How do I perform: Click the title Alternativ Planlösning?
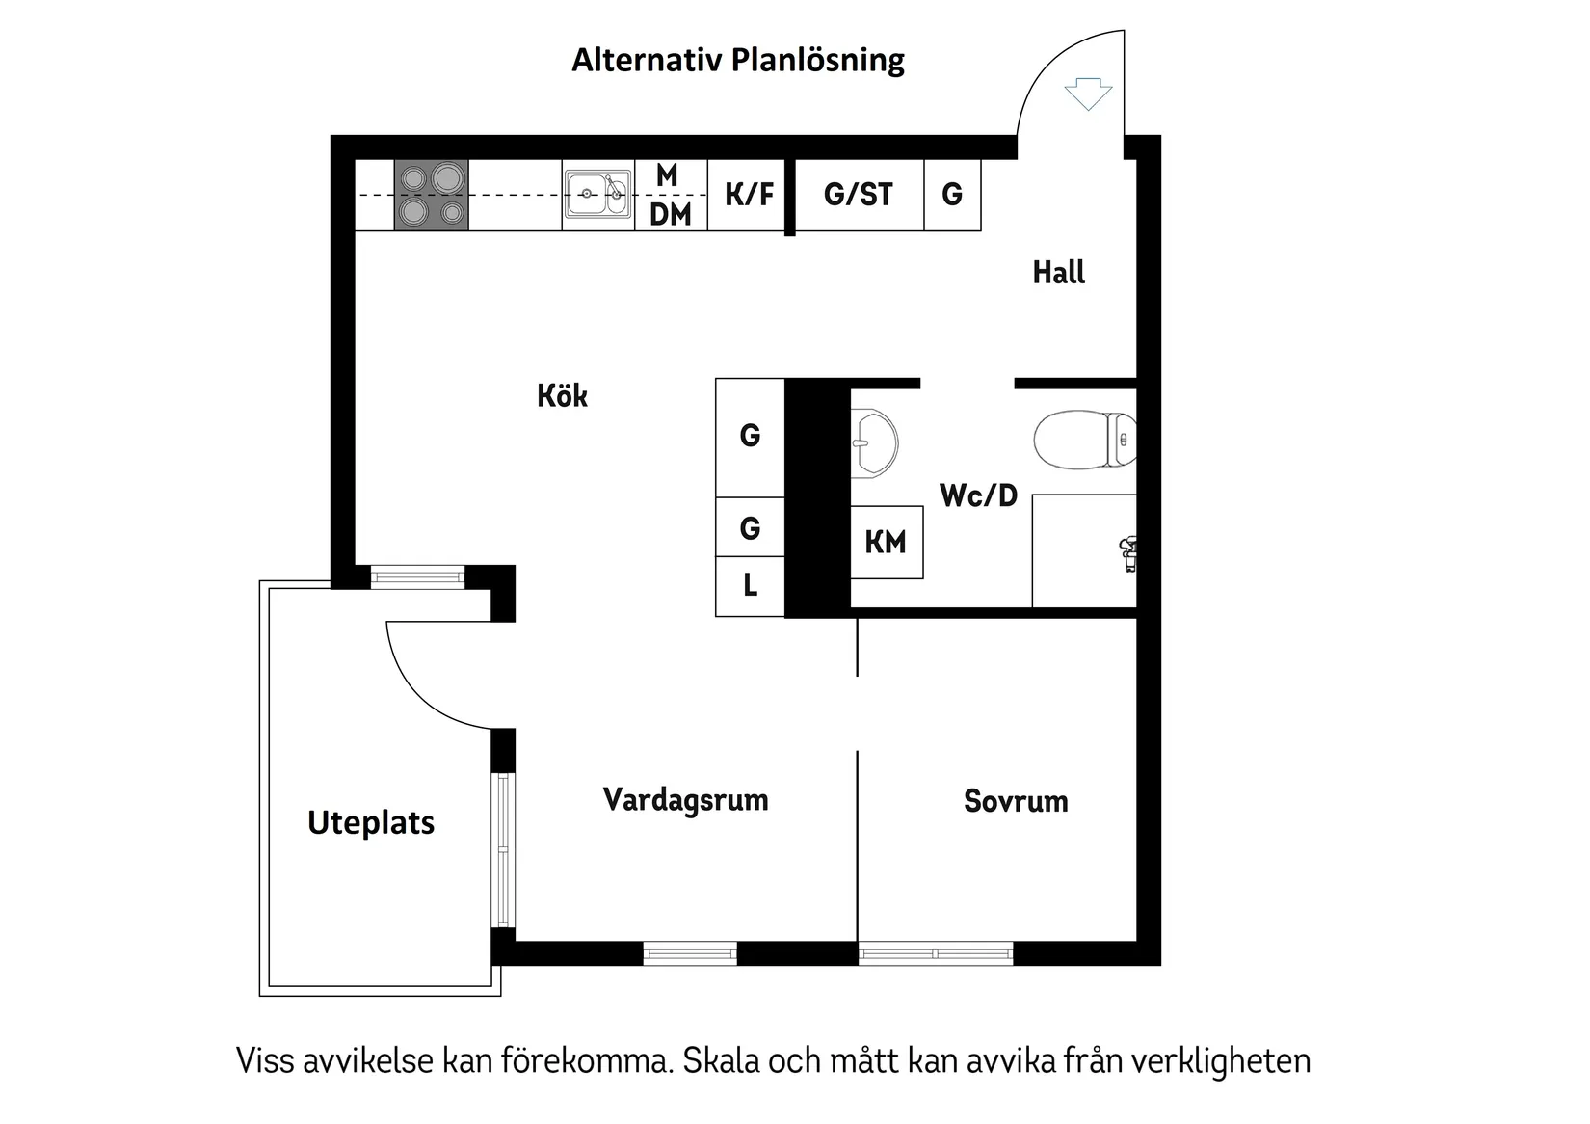pyautogui.click(x=738, y=60)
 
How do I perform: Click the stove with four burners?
pyautogui.click(x=432, y=195)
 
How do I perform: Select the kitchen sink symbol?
pyautogui.click(x=597, y=194)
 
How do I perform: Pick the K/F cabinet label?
pyautogui.click(x=749, y=194)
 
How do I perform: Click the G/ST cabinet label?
pyautogui.click(x=858, y=195)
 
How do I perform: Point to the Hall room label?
pyautogui.click(x=1058, y=273)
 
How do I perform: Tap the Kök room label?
pyautogui.click(x=562, y=395)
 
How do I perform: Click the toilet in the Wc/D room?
pyautogui.click(x=1084, y=440)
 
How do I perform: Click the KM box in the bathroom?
pyautogui.click(x=886, y=542)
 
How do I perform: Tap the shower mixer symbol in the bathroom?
pyautogui.click(x=1128, y=554)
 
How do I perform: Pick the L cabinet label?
pyautogui.click(x=750, y=585)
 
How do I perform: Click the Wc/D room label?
pyautogui.click(x=978, y=495)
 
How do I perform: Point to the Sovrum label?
pyautogui.click(x=1016, y=801)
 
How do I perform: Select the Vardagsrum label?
pyautogui.click(x=685, y=800)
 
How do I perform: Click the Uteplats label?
pyautogui.click(x=371, y=822)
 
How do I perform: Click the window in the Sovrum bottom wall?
pyautogui.click(x=935, y=953)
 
